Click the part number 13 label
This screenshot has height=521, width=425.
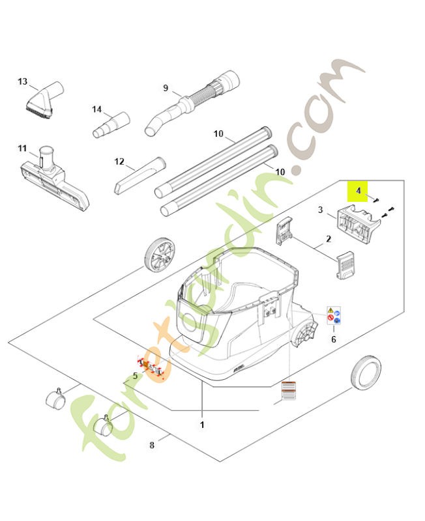pos(23,81)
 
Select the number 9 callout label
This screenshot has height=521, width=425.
pos(166,88)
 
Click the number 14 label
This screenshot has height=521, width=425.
pos(97,109)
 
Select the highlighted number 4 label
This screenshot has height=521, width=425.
pos(358,193)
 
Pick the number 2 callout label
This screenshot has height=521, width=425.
pos(329,239)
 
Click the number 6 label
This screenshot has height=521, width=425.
pos(334,339)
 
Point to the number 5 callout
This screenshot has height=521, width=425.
pos(135,376)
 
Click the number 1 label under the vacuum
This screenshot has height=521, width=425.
pos(202,425)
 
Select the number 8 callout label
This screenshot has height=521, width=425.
pos(152,445)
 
